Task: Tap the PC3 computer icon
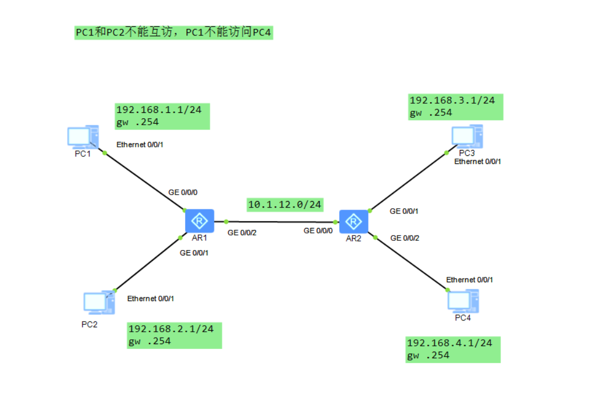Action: (466, 136)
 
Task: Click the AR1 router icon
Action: (199, 221)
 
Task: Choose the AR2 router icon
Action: (354, 222)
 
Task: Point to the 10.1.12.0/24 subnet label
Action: (285, 204)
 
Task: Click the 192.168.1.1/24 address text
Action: (159, 110)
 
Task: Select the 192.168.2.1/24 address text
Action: (171, 329)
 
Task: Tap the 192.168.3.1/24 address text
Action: (452, 100)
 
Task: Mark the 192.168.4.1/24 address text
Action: (450, 342)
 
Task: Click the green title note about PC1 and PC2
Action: (174, 33)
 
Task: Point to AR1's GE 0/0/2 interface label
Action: (242, 233)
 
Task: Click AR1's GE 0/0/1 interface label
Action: (194, 253)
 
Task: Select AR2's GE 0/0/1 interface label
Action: (404, 211)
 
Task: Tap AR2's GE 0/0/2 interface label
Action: (405, 238)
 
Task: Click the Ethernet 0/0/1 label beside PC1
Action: (139, 145)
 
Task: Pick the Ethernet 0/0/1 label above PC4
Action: (469, 280)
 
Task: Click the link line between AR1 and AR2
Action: (280, 222)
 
